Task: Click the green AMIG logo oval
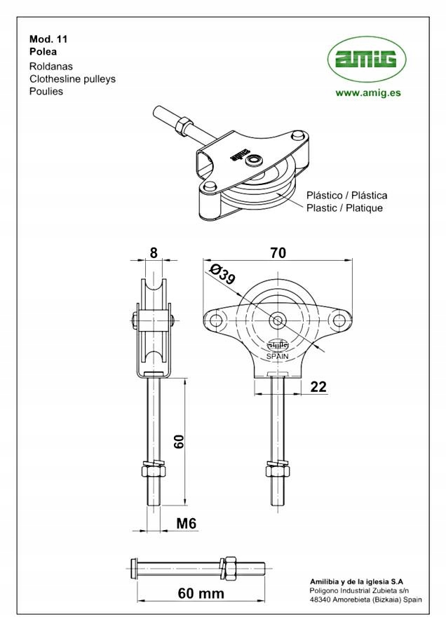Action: (367, 60)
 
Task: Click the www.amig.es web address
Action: (368, 93)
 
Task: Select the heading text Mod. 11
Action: (48, 39)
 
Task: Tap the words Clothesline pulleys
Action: (72, 79)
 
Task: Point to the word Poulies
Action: (46, 91)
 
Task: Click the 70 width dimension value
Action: (278, 252)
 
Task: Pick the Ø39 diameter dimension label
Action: (222, 273)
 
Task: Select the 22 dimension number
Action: (318, 387)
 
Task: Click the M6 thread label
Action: (187, 523)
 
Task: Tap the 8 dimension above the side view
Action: (154, 252)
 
